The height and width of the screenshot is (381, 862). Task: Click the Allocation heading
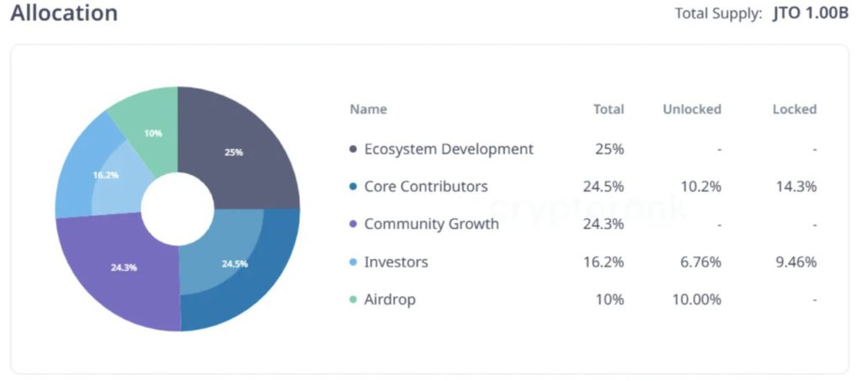[x=64, y=13]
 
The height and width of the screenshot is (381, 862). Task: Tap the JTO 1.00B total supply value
[x=811, y=13]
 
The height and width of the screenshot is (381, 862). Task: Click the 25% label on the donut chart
[x=233, y=152]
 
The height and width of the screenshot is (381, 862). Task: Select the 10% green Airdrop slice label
[x=153, y=133]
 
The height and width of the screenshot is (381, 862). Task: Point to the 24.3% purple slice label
[x=124, y=267]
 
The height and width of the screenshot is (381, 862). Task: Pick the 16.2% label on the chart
[x=105, y=175]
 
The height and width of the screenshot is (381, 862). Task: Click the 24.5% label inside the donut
[x=235, y=263]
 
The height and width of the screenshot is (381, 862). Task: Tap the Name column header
[x=368, y=109]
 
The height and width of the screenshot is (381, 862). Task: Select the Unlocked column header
[x=692, y=109]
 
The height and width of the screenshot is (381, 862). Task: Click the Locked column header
[x=795, y=109]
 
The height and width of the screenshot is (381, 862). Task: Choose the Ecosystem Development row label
[x=449, y=149]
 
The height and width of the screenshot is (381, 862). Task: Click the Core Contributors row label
[x=426, y=187]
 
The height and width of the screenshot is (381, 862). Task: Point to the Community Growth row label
[x=431, y=224]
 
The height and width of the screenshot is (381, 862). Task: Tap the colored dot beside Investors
[x=353, y=262]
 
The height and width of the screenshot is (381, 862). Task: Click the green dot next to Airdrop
[x=353, y=300]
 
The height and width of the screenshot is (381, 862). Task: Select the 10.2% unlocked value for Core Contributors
[x=700, y=187]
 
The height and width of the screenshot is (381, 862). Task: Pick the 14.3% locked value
[x=796, y=187]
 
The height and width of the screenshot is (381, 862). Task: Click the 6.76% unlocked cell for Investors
[x=700, y=262]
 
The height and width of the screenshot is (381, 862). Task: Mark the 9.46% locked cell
[x=796, y=262]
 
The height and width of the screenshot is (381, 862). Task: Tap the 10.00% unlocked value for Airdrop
[x=697, y=300]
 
